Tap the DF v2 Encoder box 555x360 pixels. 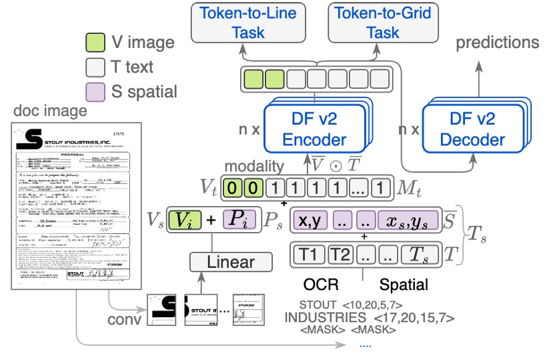pos(314,129)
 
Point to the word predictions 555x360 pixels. pos(498,43)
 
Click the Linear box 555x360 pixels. pos(231,261)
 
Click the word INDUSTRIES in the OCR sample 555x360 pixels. pos(325,317)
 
